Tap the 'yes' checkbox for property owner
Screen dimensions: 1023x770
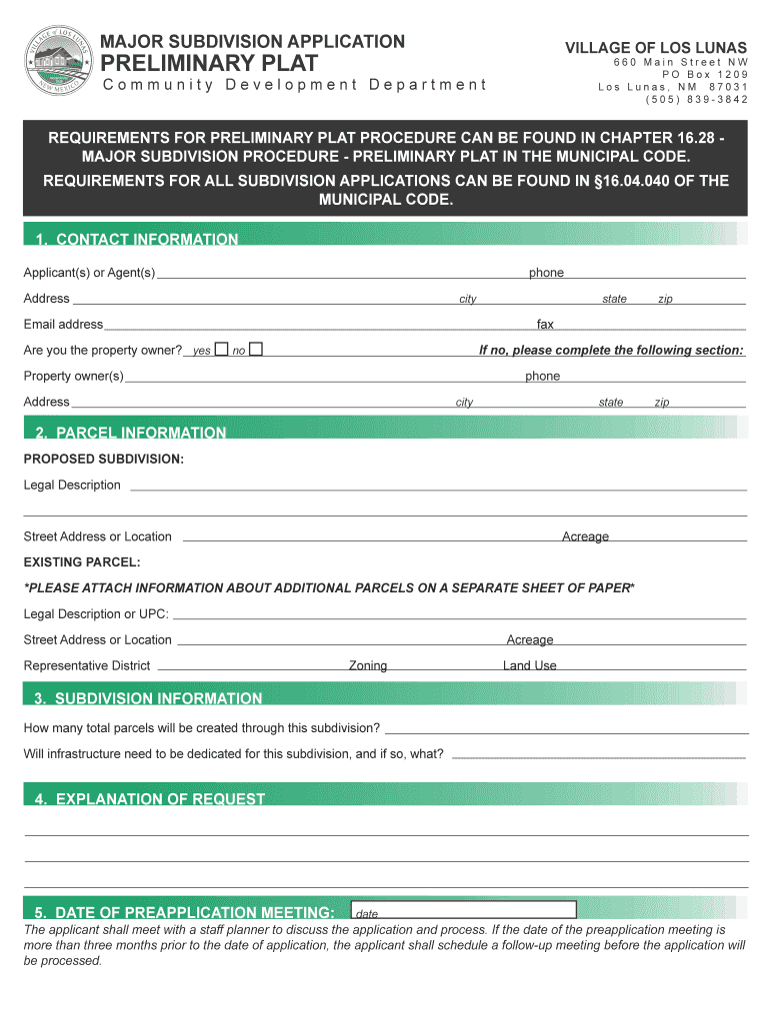click(x=221, y=350)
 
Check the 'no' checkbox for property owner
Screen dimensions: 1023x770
click(x=256, y=350)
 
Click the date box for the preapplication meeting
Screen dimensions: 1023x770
click(x=464, y=910)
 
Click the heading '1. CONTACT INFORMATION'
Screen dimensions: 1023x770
click(x=137, y=240)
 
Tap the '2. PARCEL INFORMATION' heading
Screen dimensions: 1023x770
click(x=131, y=433)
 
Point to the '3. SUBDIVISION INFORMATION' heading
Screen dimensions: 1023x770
click(x=148, y=698)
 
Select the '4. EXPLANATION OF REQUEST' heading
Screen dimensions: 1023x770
click(x=150, y=799)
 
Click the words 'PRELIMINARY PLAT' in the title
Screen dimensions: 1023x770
click(x=210, y=63)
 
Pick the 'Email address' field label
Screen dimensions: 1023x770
click(x=63, y=324)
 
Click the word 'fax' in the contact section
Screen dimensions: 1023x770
click(x=545, y=324)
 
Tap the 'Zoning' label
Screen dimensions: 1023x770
click(x=367, y=665)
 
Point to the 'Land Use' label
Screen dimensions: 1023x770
click(x=529, y=665)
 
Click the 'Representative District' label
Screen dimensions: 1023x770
click(x=87, y=665)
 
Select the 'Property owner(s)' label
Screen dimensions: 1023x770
click(x=74, y=376)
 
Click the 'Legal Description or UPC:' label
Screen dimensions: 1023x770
click(x=96, y=613)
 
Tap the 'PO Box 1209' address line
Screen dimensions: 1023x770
click(x=704, y=75)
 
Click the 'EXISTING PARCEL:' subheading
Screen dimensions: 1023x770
click(x=82, y=562)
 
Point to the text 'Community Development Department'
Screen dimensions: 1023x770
click(x=294, y=84)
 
